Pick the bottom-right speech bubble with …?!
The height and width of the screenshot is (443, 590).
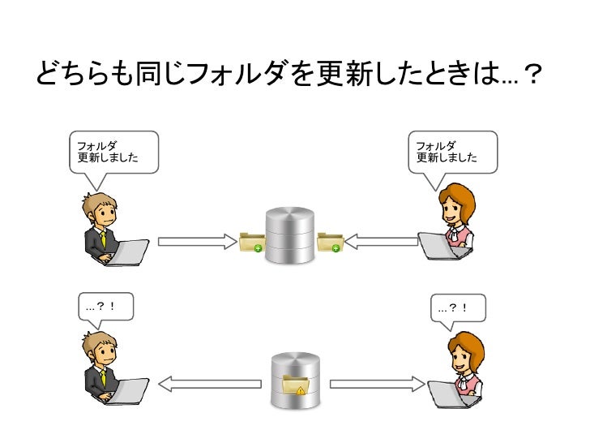(458, 309)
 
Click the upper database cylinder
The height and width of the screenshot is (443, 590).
(289, 234)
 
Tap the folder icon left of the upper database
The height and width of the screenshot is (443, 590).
(251, 242)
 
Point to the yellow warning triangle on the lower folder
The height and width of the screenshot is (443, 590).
(301, 390)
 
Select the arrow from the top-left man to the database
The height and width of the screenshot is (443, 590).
(195, 241)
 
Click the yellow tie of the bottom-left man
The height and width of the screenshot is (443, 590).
(103, 378)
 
